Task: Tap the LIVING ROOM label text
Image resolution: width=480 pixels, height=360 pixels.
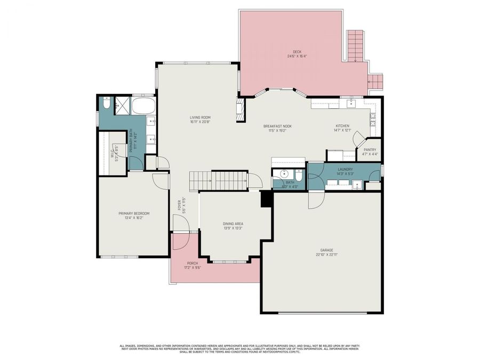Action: tap(201, 117)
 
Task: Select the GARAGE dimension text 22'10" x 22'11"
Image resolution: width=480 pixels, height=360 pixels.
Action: tap(326, 254)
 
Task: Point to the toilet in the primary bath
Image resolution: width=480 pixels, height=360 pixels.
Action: tap(107, 105)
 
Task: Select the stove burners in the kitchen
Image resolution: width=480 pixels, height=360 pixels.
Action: tap(373, 116)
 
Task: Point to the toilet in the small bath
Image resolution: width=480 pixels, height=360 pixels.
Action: tap(299, 175)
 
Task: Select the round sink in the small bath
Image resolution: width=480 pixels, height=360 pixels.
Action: tap(284, 174)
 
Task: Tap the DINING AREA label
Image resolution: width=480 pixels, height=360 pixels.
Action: tap(233, 223)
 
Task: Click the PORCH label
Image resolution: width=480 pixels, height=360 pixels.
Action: tap(193, 263)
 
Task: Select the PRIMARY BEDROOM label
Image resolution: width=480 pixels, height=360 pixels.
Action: tap(134, 213)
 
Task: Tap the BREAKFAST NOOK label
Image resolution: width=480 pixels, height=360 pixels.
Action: tap(277, 126)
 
